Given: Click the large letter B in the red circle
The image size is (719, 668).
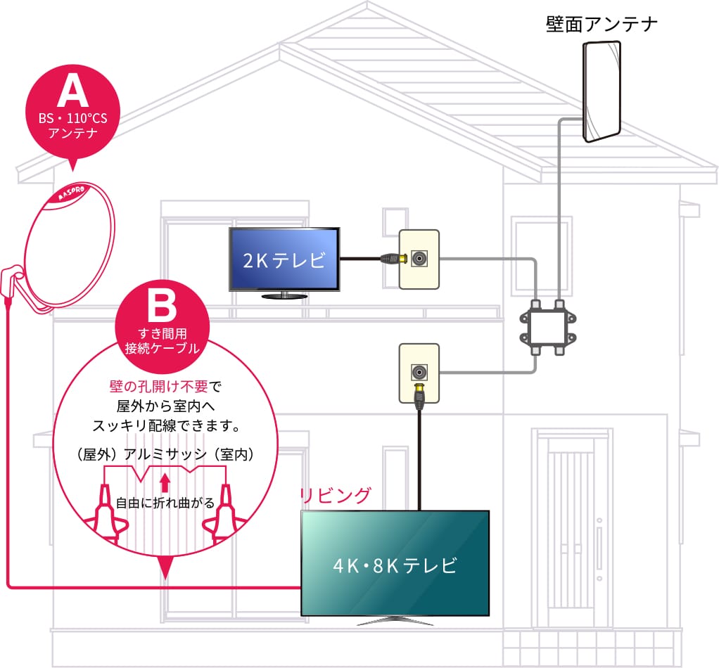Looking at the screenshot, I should pyautogui.click(x=162, y=305).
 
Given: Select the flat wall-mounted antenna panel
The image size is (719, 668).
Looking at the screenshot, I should pyautogui.click(x=602, y=91).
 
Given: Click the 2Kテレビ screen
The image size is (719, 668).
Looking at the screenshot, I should pyautogui.click(x=285, y=259).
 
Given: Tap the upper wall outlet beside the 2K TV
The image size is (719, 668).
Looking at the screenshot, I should pyautogui.click(x=420, y=259).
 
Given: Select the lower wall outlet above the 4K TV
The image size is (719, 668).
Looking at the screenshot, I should pyautogui.click(x=419, y=373).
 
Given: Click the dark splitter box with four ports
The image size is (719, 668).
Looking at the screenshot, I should pyautogui.click(x=549, y=327).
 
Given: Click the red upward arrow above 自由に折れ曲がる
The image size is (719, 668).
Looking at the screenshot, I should pyautogui.click(x=165, y=482).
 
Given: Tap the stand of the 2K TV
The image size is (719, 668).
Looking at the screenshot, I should pyautogui.click(x=285, y=296).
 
